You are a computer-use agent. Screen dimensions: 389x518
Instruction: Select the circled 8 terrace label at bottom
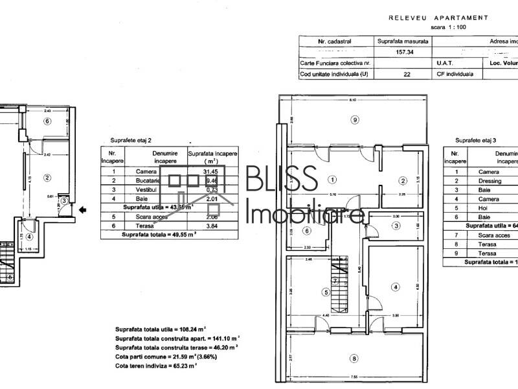(354, 359)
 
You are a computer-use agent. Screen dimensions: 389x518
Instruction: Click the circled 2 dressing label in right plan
(402, 180)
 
